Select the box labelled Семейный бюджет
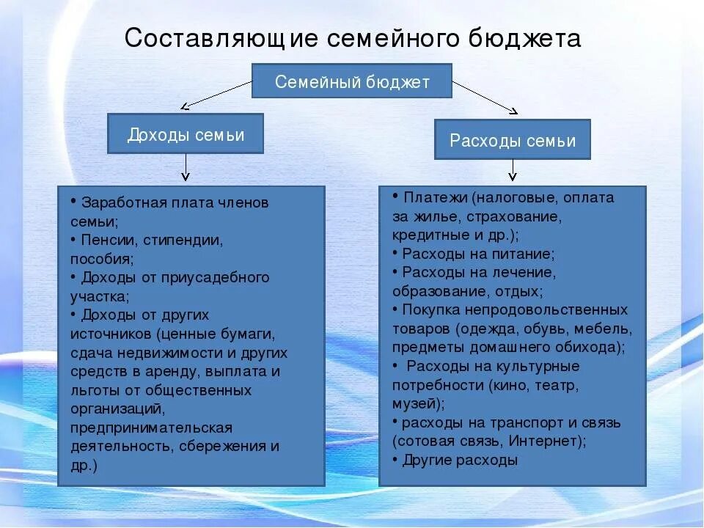click(352, 81)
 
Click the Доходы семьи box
click(186, 134)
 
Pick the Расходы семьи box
click(512, 140)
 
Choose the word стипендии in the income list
click(183, 239)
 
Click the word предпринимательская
click(152, 427)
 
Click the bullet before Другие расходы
click(395, 459)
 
